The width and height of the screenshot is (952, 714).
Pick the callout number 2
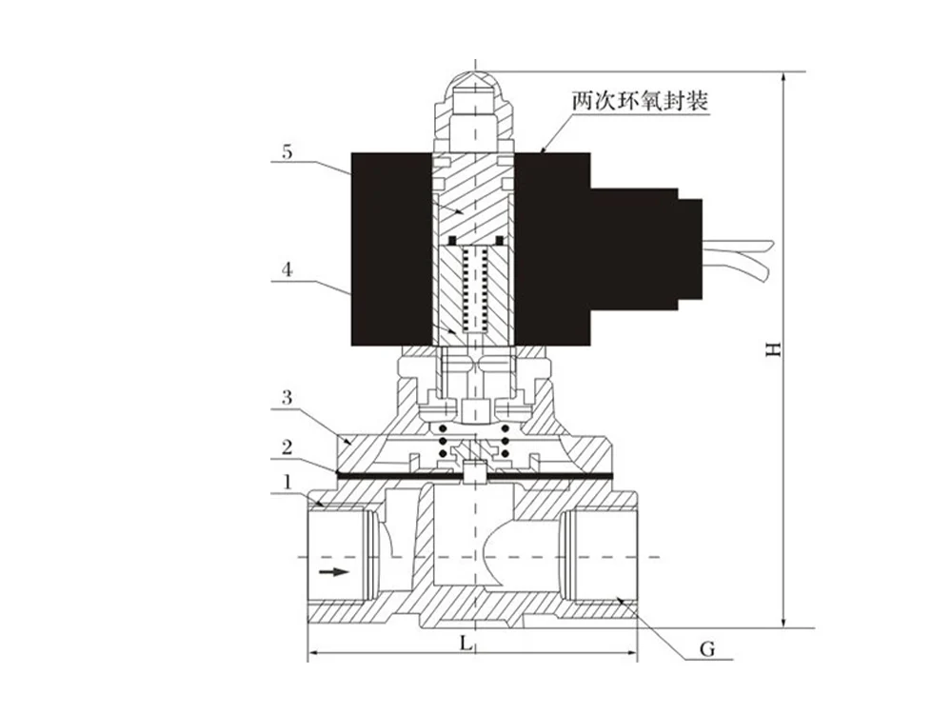pyautogui.click(x=286, y=446)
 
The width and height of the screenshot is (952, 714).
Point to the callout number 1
pyautogui.click(x=287, y=484)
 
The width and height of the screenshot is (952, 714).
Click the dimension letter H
pyautogui.click(x=776, y=349)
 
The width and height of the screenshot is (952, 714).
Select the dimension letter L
pyautogui.click(x=466, y=644)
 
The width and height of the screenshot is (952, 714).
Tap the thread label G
pyautogui.click(x=706, y=649)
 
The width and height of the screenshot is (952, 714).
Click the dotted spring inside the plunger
pyautogui.click(x=474, y=286)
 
